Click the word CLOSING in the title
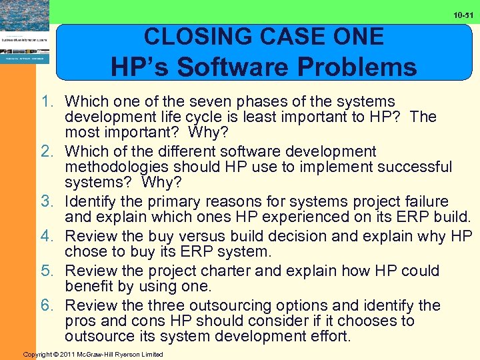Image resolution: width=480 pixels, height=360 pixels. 194,36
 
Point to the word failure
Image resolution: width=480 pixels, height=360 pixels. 425,202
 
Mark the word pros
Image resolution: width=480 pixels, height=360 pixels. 82,321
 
